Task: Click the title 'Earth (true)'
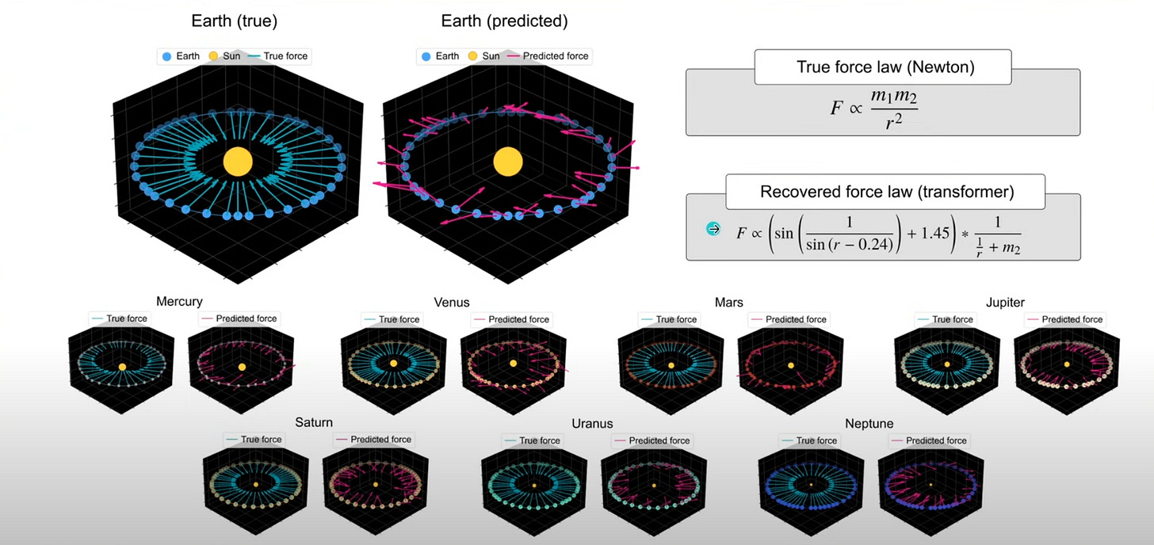pyautogui.click(x=238, y=21)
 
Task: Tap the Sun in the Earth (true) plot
pyautogui.click(x=238, y=162)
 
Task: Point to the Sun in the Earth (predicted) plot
pyautogui.click(x=508, y=162)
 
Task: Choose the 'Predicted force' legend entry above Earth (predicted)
pyautogui.click(x=547, y=56)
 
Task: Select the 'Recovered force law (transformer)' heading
pyautogui.click(x=885, y=192)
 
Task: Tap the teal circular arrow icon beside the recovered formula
pyautogui.click(x=713, y=228)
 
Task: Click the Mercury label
pyautogui.click(x=179, y=301)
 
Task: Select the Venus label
pyautogui.click(x=452, y=302)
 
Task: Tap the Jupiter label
pyautogui.click(x=1005, y=303)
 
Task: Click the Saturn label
pyautogui.click(x=314, y=422)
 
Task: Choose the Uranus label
pyautogui.click(x=592, y=423)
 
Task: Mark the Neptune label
pyautogui.click(x=869, y=423)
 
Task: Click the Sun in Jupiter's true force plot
pyautogui.click(x=948, y=364)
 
